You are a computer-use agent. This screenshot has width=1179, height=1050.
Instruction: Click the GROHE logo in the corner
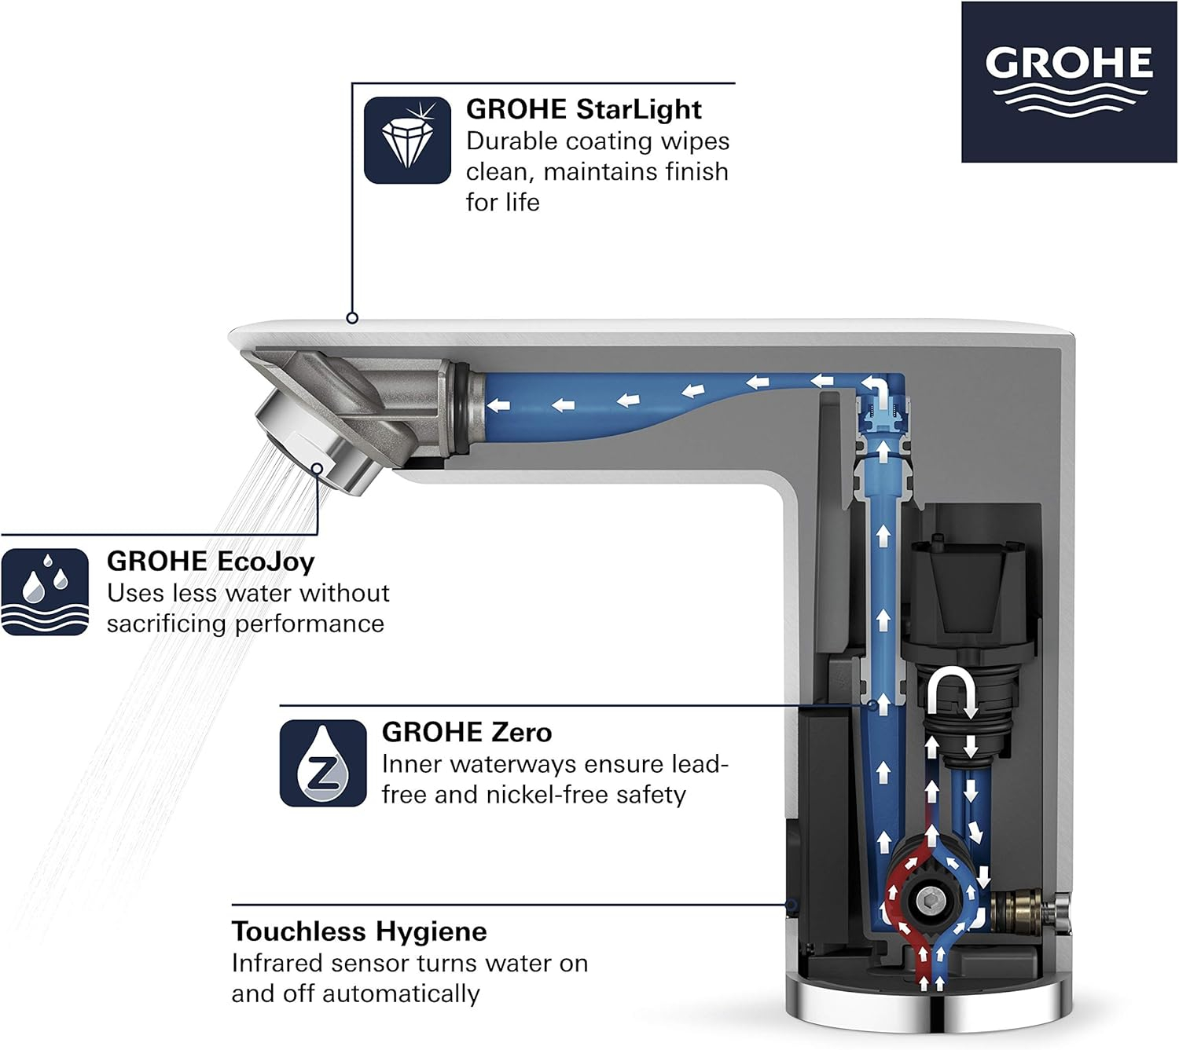pyautogui.click(x=1068, y=82)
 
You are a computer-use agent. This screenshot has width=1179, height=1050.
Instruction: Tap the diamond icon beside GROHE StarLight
pyautogui.click(x=407, y=140)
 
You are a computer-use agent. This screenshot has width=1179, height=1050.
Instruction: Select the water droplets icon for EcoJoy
pyautogui.click(x=45, y=591)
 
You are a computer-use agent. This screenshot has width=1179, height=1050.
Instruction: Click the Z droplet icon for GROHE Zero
pyautogui.click(x=323, y=763)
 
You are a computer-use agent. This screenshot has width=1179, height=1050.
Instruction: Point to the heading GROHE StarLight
pyautogui.click(x=583, y=109)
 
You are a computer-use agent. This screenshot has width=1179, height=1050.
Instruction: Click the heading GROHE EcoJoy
pyautogui.click(x=211, y=562)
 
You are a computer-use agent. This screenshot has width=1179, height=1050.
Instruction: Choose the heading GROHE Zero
pyautogui.click(x=466, y=732)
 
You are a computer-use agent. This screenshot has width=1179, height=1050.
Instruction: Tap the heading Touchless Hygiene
pyautogui.click(x=358, y=931)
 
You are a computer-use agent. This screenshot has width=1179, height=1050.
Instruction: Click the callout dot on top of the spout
pyautogui.click(x=352, y=318)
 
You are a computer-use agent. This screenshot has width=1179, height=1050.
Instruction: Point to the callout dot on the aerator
pyautogui.click(x=317, y=469)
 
